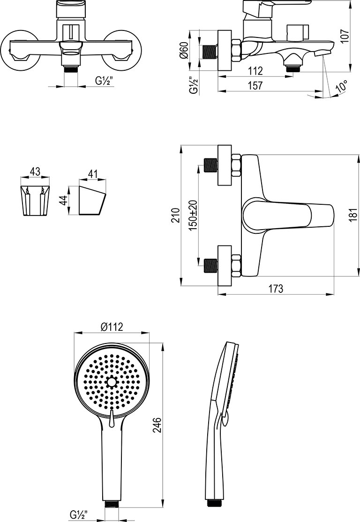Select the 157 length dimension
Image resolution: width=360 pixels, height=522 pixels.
tap(255, 86)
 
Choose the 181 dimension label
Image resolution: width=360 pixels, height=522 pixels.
tap(353, 215)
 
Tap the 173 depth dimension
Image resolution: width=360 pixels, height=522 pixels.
tap(276, 289)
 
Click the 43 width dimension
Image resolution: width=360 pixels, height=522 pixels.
tap(35, 172)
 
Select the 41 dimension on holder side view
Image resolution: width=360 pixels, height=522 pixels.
tap(93, 174)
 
